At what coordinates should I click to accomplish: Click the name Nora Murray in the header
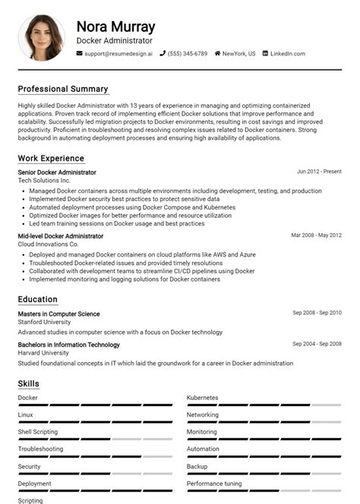pos(115,27)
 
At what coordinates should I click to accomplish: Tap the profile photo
pos(41,38)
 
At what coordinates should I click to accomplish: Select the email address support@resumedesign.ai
pos(118,54)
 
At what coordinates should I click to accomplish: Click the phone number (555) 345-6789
pos(187,54)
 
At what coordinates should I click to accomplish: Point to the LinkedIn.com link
pos(287,54)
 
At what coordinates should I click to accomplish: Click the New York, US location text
pos(238,54)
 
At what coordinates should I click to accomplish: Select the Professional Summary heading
pos(63,89)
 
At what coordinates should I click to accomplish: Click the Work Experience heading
pos(51,159)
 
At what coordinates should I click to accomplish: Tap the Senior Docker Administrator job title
pos(57,172)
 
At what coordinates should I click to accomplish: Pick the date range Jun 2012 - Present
pos(319,172)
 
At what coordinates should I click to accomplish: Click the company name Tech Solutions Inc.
pos(44,181)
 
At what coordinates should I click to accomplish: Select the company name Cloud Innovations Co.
pos(48,244)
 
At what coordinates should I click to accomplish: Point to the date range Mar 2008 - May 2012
pos(316,235)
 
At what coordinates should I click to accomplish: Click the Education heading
pos(38,299)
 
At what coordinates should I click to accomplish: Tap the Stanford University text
pos(44,323)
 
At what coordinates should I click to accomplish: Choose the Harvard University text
pos(43,353)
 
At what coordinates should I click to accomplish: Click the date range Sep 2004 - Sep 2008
pos(317,344)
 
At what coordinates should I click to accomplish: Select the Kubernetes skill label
pos(203,398)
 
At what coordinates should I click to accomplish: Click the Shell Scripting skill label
pos(38,432)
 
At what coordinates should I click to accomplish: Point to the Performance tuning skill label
pos(214,484)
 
